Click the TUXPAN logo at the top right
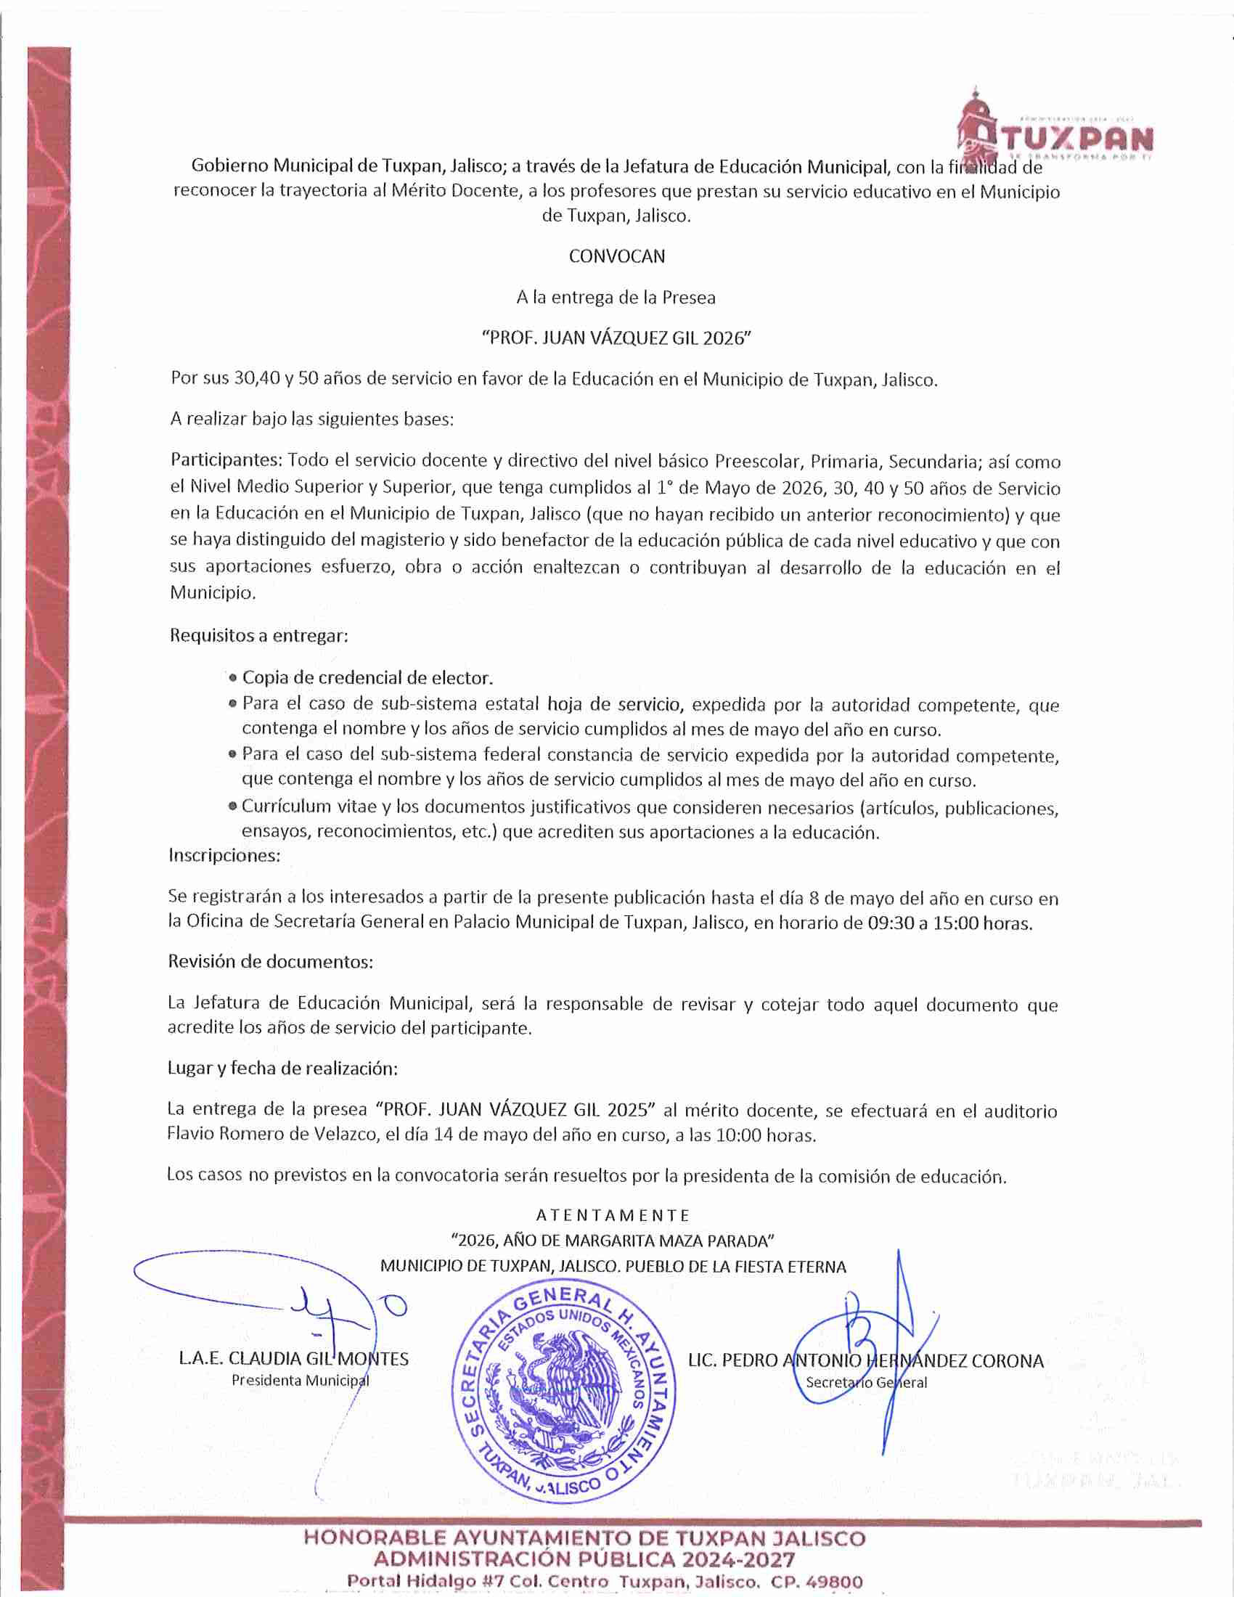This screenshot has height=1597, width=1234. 1055,131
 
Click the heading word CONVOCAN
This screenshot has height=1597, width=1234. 617,256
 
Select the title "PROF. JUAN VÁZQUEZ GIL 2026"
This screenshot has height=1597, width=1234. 617,338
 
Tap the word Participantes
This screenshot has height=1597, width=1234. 226,461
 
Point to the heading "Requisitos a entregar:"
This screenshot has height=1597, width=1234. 259,635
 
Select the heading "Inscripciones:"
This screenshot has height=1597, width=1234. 224,855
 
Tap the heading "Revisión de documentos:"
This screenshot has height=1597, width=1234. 271,962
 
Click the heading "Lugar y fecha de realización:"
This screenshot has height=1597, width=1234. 283,1069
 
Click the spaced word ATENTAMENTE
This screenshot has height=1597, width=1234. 613,1215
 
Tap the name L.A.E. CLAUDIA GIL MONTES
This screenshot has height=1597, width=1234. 293,1360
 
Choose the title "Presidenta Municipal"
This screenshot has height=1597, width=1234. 300,1381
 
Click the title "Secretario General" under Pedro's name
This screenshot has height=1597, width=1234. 866,1383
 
